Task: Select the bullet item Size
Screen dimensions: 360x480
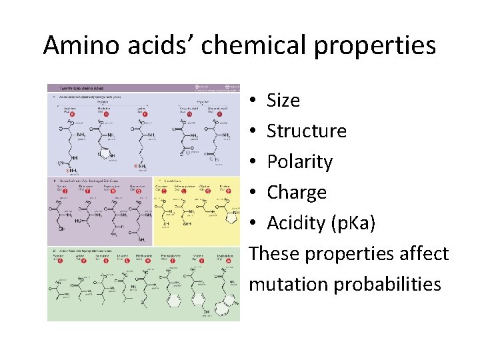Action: pos(283,101)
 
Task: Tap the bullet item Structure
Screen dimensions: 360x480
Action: pos(307,131)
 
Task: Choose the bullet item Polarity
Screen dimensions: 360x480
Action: pos(299,162)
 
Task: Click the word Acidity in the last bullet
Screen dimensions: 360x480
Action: pos(294,223)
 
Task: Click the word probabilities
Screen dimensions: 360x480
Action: pos(387,285)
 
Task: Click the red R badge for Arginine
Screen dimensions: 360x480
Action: pos(73,114)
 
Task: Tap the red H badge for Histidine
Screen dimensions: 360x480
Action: pos(106,114)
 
